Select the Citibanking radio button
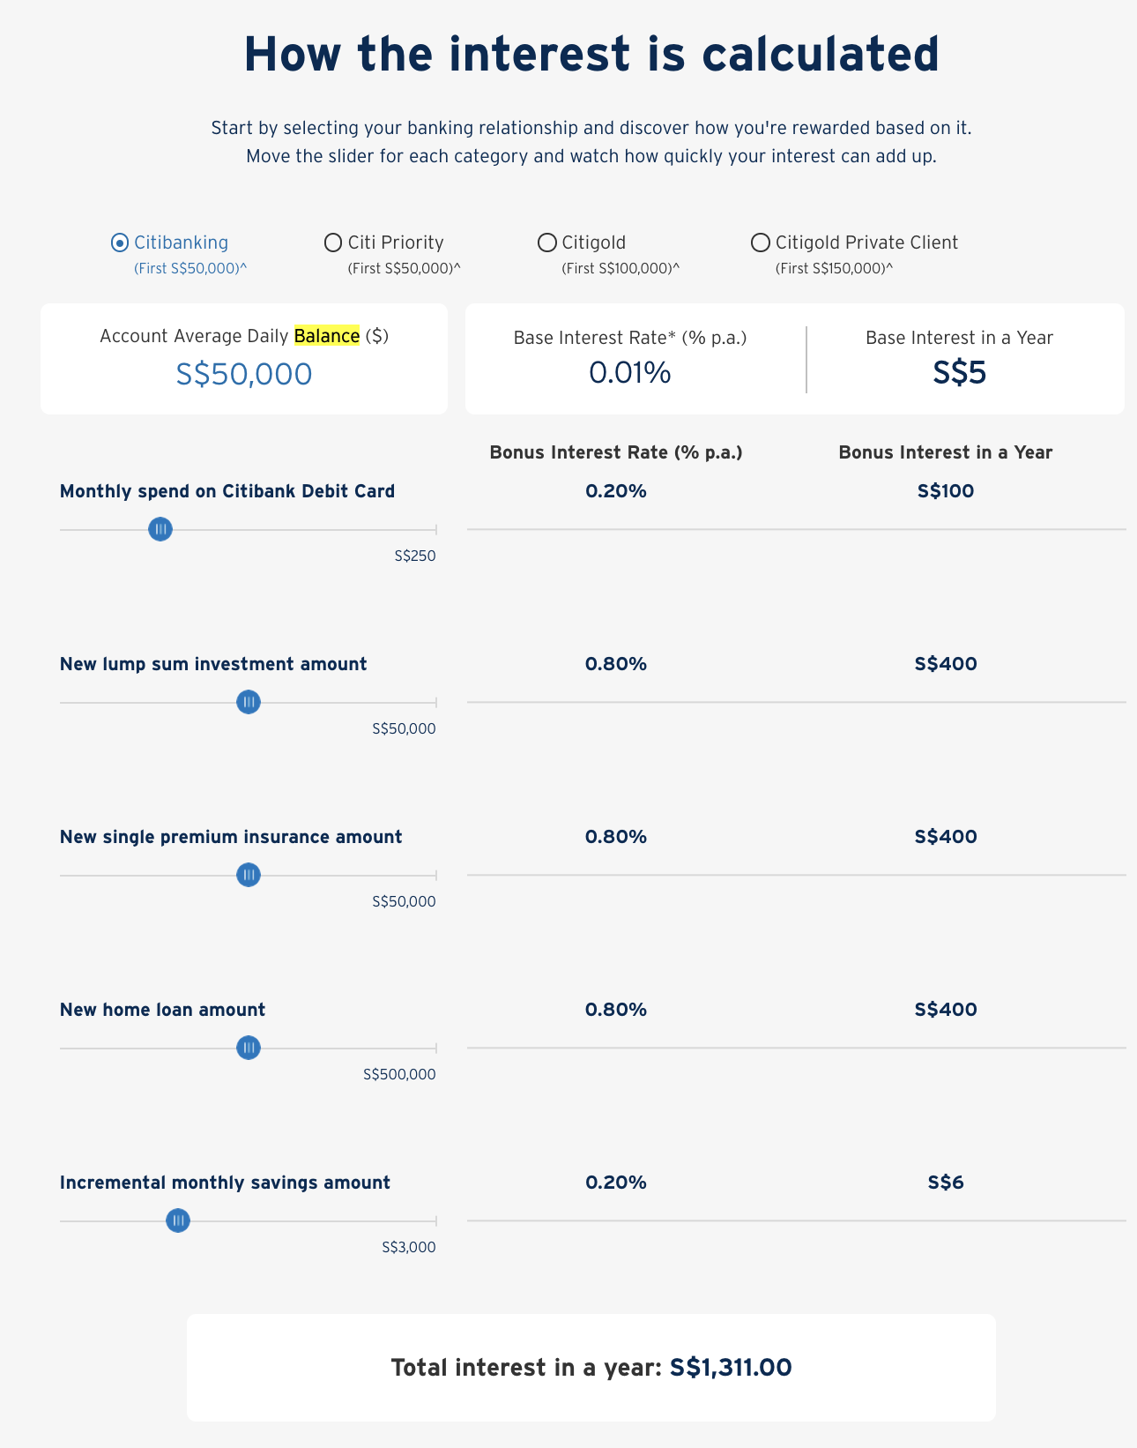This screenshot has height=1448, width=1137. pyautogui.click(x=120, y=243)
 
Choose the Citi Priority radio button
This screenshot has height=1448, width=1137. pyautogui.click(x=333, y=243)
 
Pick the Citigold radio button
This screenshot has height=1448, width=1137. pyautogui.click(x=547, y=243)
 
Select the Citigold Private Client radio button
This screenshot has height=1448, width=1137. pyautogui.click(x=760, y=243)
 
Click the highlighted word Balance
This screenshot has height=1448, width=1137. pyautogui.click(x=327, y=336)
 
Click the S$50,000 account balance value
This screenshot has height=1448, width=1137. pyautogui.click(x=244, y=374)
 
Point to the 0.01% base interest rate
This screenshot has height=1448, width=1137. pyautogui.click(x=630, y=373)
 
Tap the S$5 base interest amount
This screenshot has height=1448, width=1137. pyautogui.click(x=959, y=373)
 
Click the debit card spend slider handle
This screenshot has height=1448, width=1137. pyautogui.click(x=160, y=529)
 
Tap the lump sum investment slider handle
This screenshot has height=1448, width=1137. pyautogui.click(x=249, y=702)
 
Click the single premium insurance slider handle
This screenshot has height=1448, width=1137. pyautogui.click(x=249, y=875)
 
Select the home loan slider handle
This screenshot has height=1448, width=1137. pyautogui.click(x=249, y=1048)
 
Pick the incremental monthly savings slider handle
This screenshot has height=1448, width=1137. pyautogui.click(x=178, y=1220)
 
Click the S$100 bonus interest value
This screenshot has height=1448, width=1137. pyautogui.click(x=946, y=491)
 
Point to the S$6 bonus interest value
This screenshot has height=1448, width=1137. pyautogui.click(x=946, y=1183)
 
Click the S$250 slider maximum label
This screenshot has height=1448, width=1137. pyautogui.click(x=415, y=556)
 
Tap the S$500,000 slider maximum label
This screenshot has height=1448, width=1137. pyautogui.click(x=399, y=1075)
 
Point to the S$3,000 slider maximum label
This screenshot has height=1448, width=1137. pyautogui.click(x=409, y=1248)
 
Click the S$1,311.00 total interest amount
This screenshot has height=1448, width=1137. pyautogui.click(x=731, y=1368)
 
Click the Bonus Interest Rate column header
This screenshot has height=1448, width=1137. pyautogui.click(x=616, y=452)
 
